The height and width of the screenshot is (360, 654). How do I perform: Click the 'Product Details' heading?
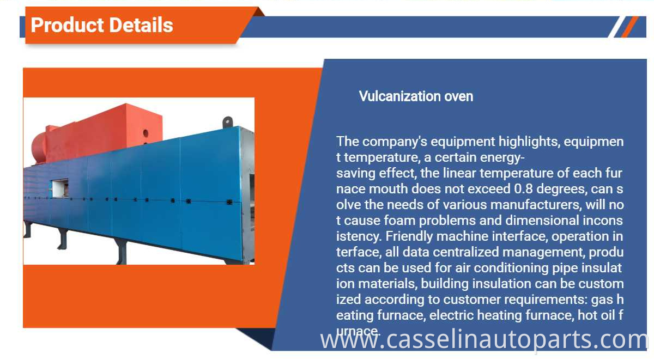[x=102, y=25]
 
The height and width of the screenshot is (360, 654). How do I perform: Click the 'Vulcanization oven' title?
[x=416, y=96]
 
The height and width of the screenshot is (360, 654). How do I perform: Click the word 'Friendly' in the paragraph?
[x=409, y=236]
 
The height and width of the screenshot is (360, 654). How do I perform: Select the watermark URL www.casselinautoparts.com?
[x=484, y=340]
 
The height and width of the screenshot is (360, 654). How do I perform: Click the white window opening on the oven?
[x=60, y=188]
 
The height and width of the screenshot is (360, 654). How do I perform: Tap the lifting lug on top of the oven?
[x=228, y=122]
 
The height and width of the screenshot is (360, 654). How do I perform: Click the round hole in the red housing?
[x=146, y=133]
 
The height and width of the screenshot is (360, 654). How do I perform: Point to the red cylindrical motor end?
[x=38, y=149]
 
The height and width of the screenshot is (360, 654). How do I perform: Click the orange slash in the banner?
[x=630, y=27]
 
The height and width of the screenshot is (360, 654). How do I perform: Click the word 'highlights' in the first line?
[x=529, y=142]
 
